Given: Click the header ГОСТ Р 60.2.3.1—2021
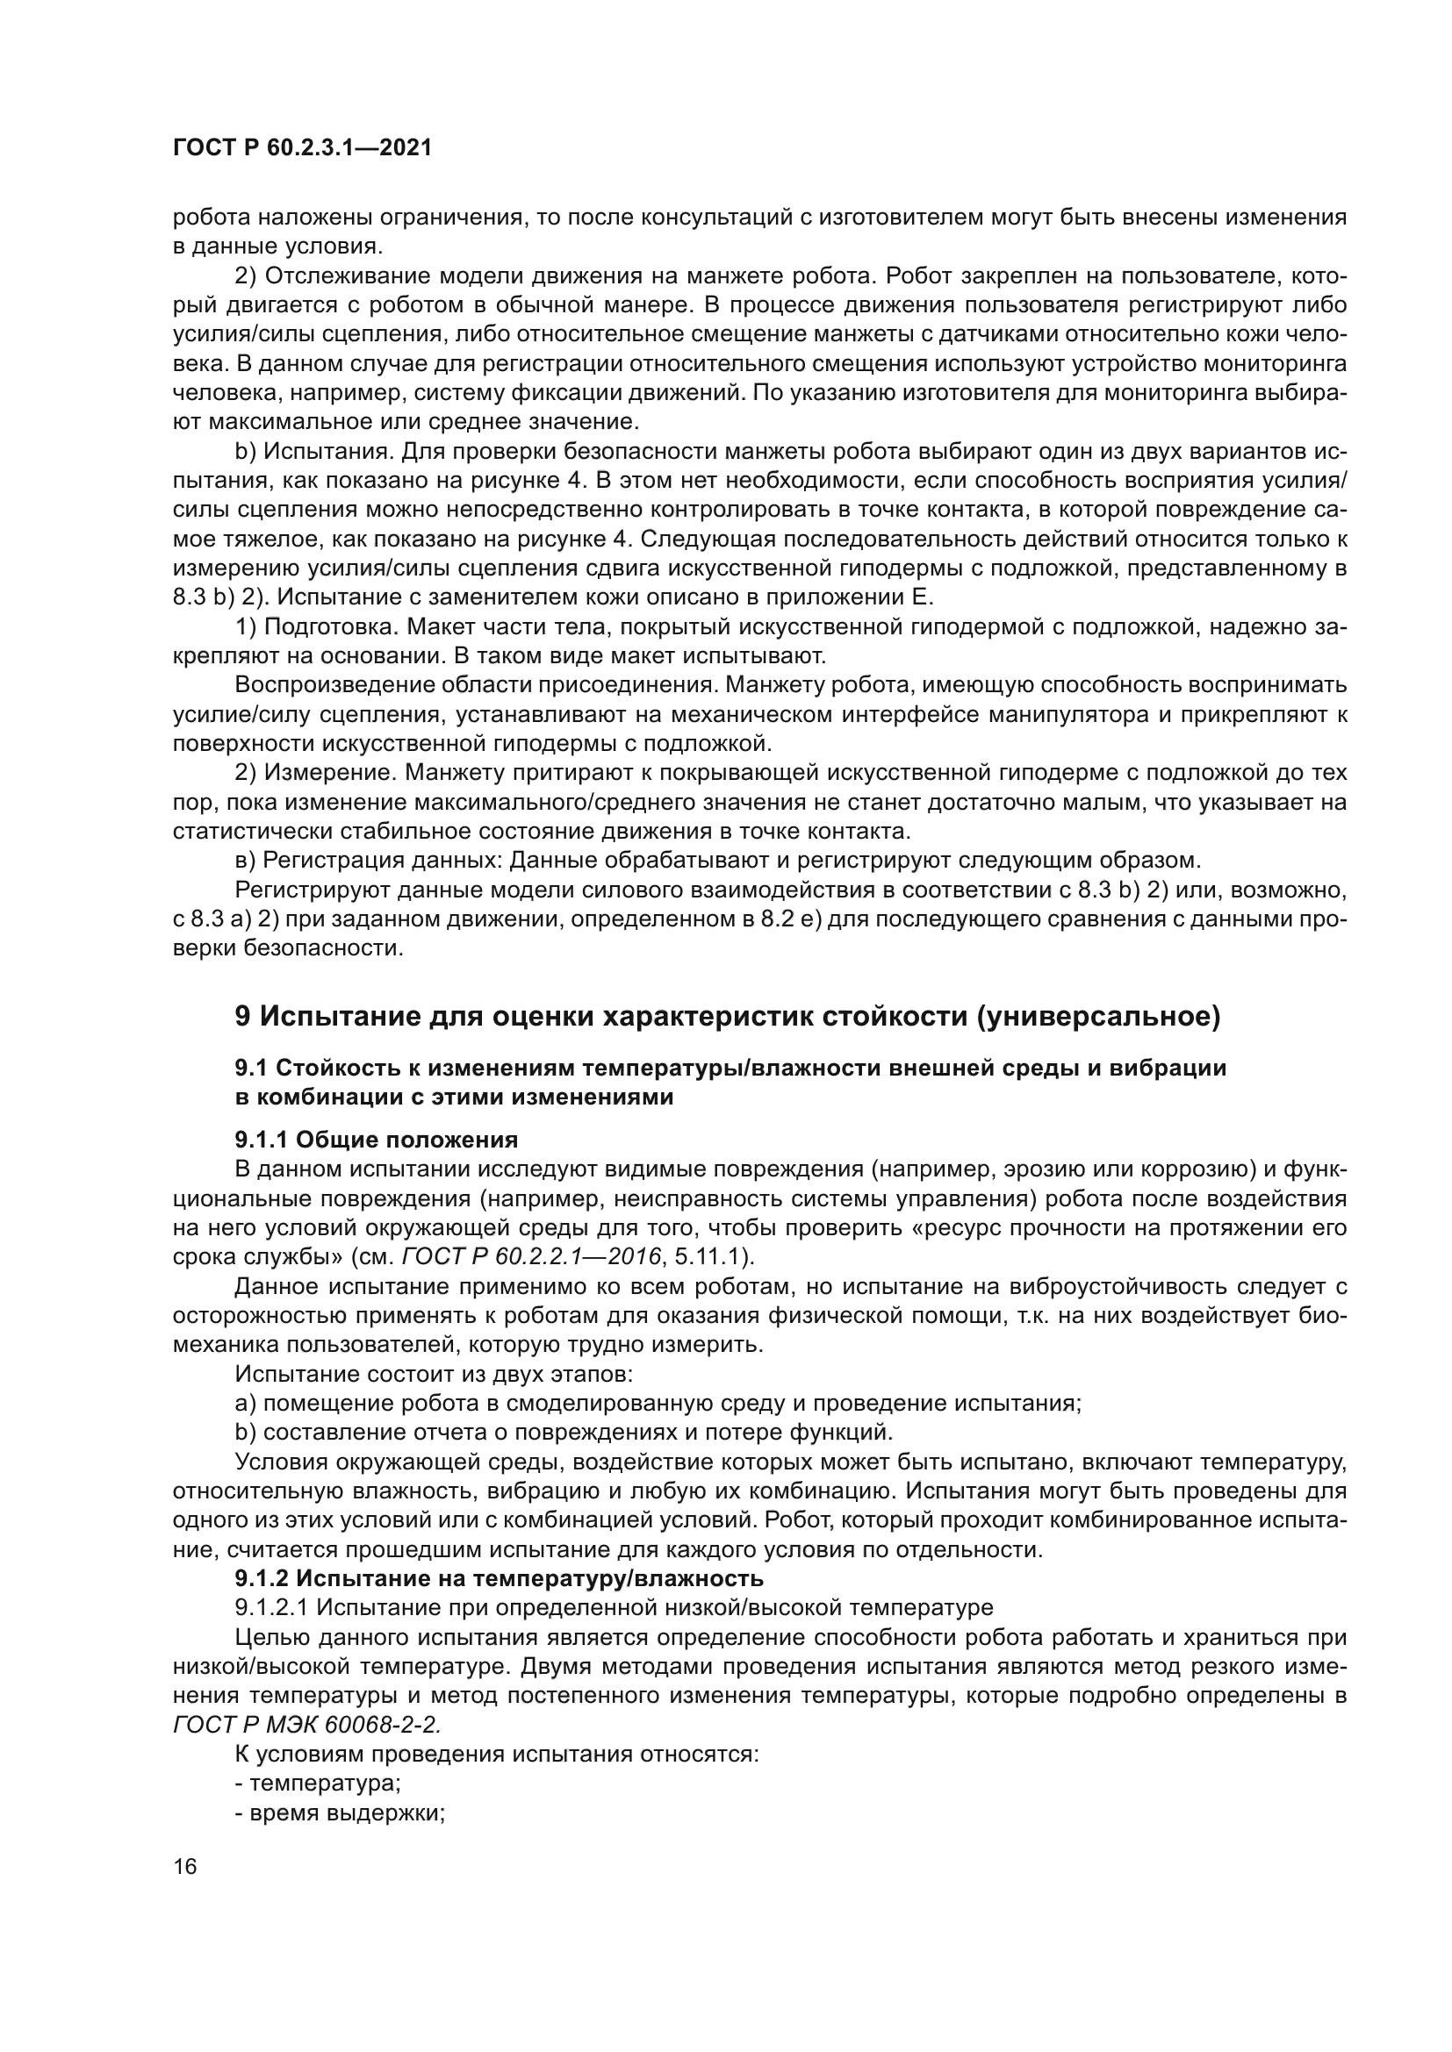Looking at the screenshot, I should click(302, 148).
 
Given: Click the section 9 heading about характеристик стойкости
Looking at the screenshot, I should click(727, 1017).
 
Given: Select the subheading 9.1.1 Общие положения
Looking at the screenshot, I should click(377, 1140).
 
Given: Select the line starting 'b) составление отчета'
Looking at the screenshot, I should click(564, 1432).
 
